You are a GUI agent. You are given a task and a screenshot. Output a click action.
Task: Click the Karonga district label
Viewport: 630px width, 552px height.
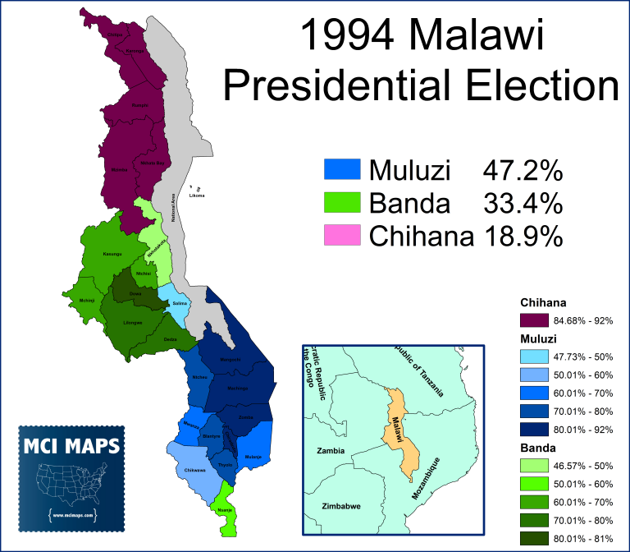(x=134, y=51)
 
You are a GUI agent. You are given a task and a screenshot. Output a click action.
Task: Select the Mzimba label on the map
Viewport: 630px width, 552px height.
(x=121, y=169)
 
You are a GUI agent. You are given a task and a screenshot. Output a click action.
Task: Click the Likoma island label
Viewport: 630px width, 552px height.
(x=196, y=195)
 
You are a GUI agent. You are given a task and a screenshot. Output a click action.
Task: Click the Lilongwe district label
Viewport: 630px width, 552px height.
(x=133, y=322)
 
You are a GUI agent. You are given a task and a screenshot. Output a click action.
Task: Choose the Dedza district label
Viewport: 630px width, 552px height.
(x=171, y=339)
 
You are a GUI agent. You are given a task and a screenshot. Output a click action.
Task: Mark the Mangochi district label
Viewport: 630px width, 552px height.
(x=231, y=359)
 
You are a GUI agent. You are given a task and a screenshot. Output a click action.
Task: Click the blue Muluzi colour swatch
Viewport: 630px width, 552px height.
(x=343, y=170)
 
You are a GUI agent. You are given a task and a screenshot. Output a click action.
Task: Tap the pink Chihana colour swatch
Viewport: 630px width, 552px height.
(x=343, y=236)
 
